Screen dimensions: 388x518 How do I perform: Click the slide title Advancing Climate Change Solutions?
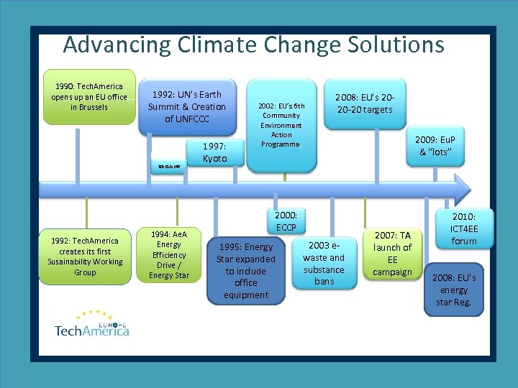pos(253,45)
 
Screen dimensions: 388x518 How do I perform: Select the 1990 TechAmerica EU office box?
pos(88,97)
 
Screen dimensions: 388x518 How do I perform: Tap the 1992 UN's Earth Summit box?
pos(187,106)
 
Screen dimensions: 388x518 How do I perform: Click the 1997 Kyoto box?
pos(214,152)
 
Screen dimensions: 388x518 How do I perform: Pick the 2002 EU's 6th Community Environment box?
pos(281,124)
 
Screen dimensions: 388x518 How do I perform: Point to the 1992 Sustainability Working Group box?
pos(85,257)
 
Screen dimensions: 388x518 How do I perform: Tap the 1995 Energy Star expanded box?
pos(245,270)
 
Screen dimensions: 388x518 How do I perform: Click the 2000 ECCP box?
pos(286,221)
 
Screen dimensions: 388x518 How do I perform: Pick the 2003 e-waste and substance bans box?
pos(324,264)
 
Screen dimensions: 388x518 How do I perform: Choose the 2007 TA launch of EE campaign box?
pos(392,254)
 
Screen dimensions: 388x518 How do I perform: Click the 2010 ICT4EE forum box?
pos(464,228)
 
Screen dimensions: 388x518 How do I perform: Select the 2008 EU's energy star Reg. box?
pos(453,290)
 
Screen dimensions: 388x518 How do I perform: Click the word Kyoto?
pos(214,159)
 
